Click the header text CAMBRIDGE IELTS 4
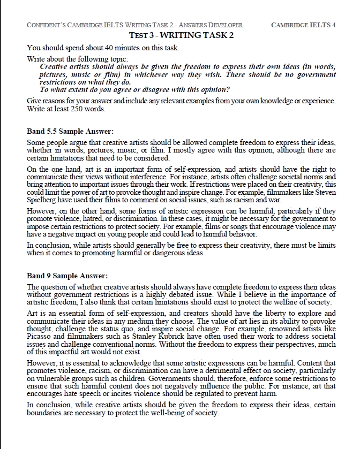point(304,25)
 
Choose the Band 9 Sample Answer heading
point(67,276)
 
